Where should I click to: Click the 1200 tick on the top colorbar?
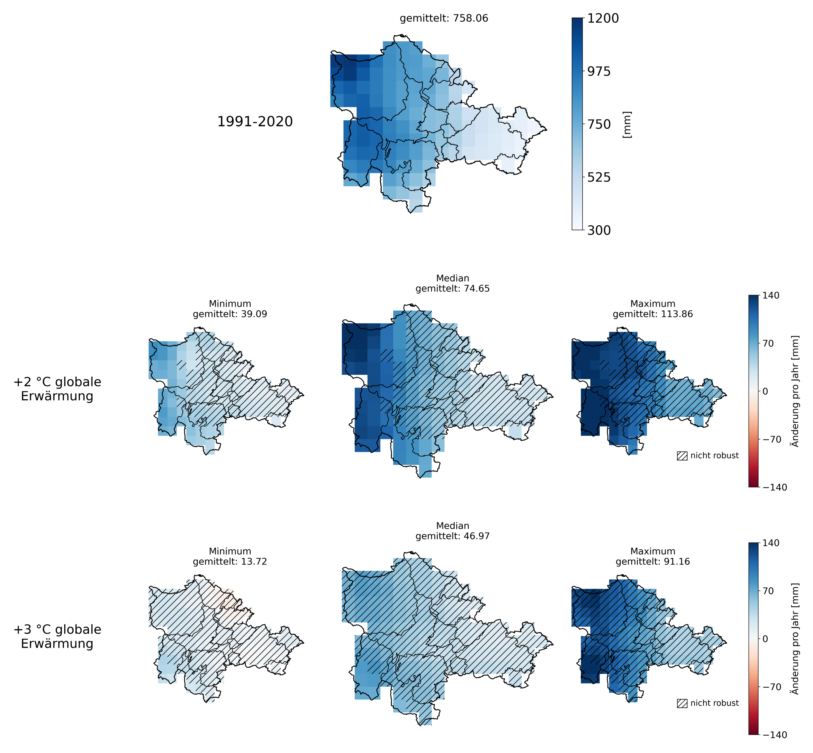(602, 18)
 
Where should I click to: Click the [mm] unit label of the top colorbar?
(627, 125)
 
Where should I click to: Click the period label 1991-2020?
(255, 121)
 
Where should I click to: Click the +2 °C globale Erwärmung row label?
(57, 389)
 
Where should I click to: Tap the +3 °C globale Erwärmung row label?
(57, 637)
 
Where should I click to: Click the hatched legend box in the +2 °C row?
(682, 456)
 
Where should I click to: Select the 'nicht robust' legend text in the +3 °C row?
(714, 703)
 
